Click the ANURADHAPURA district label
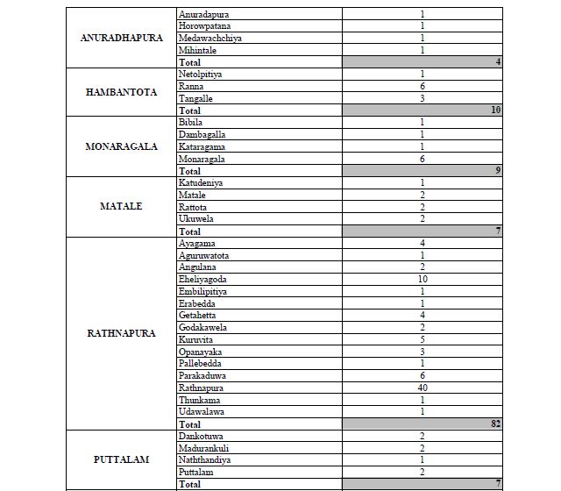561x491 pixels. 121,39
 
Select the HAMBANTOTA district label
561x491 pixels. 121,92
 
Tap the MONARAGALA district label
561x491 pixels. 121,146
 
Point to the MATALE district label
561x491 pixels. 121,207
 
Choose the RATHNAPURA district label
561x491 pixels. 121,333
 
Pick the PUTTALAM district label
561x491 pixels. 121,459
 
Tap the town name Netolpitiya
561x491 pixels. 201,75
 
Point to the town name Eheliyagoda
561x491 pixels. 204,279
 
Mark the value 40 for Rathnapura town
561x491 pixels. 422,388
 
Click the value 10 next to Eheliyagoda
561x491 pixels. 422,279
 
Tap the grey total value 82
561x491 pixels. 494,424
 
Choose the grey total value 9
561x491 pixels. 497,171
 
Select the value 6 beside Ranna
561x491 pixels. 422,87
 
